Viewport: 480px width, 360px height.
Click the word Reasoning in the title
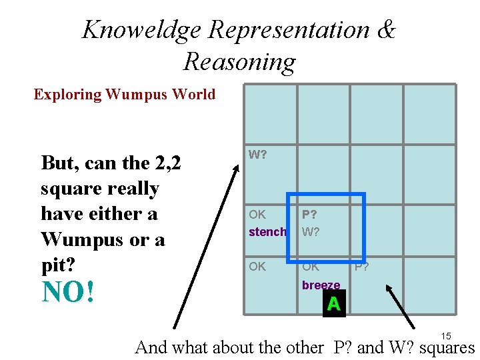tap(239, 61)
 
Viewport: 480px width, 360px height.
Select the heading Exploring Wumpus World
tap(125, 94)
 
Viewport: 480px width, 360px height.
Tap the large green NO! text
tap(68, 292)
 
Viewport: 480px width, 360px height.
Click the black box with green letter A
tap(333, 304)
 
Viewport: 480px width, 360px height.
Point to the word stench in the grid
tap(267, 233)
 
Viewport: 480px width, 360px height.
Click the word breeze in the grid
tap(321, 285)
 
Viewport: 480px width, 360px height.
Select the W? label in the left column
tap(258, 155)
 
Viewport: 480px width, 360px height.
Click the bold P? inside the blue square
tap(309, 215)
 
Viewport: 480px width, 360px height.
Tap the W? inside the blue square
tap(310, 233)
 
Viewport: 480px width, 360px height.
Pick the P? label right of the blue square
tap(362, 267)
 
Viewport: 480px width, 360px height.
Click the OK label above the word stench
tap(257, 215)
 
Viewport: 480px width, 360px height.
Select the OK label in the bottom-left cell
tap(257, 267)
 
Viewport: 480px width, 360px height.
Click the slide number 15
tap(446, 336)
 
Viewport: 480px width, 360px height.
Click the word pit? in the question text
tap(57, 264)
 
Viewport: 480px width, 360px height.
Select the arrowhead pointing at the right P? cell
tap(387, 287)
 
